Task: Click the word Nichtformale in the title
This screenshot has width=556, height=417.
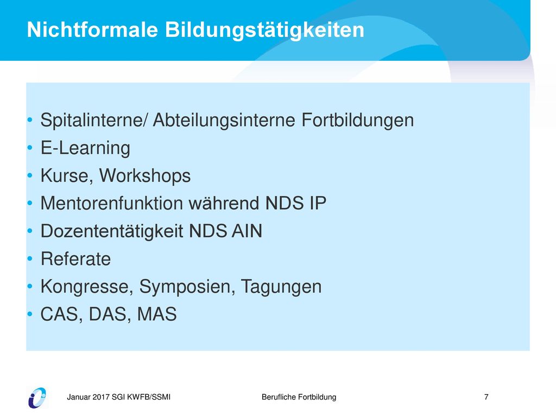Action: point(92,29)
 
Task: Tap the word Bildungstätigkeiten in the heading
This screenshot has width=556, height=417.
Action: point(264,30)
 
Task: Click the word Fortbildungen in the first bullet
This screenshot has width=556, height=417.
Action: point(357,120)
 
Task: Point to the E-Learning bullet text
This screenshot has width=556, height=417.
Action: point(85,148)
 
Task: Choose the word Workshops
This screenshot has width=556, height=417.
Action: point(144,176)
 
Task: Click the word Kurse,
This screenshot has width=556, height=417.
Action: point(67,176)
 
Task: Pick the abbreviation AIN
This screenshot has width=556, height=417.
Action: point(247,231)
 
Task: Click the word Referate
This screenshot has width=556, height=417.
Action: point(75,259)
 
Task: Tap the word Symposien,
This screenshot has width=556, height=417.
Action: point(187,287)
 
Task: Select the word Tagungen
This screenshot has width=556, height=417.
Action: point(281,287)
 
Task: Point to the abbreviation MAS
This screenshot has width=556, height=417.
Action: point(157,314)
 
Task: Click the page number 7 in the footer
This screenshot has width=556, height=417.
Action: point(486,397)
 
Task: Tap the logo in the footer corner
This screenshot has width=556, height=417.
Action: point(37,398)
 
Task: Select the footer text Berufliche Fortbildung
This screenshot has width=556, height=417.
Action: point(299,397)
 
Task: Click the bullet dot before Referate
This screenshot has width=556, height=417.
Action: point(30,259)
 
